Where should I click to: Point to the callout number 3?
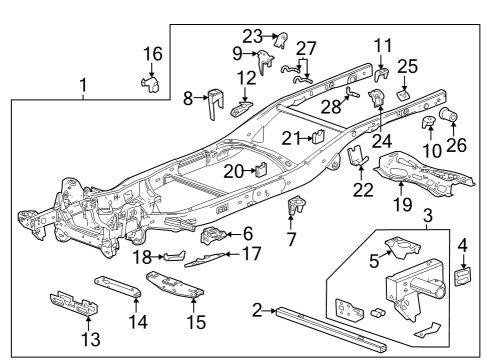click(x=427, y=214)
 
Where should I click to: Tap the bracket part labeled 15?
click(x=175, y=285)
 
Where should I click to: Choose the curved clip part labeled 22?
click(x=360, y=159)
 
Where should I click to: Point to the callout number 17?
click(x=252, y=254)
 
